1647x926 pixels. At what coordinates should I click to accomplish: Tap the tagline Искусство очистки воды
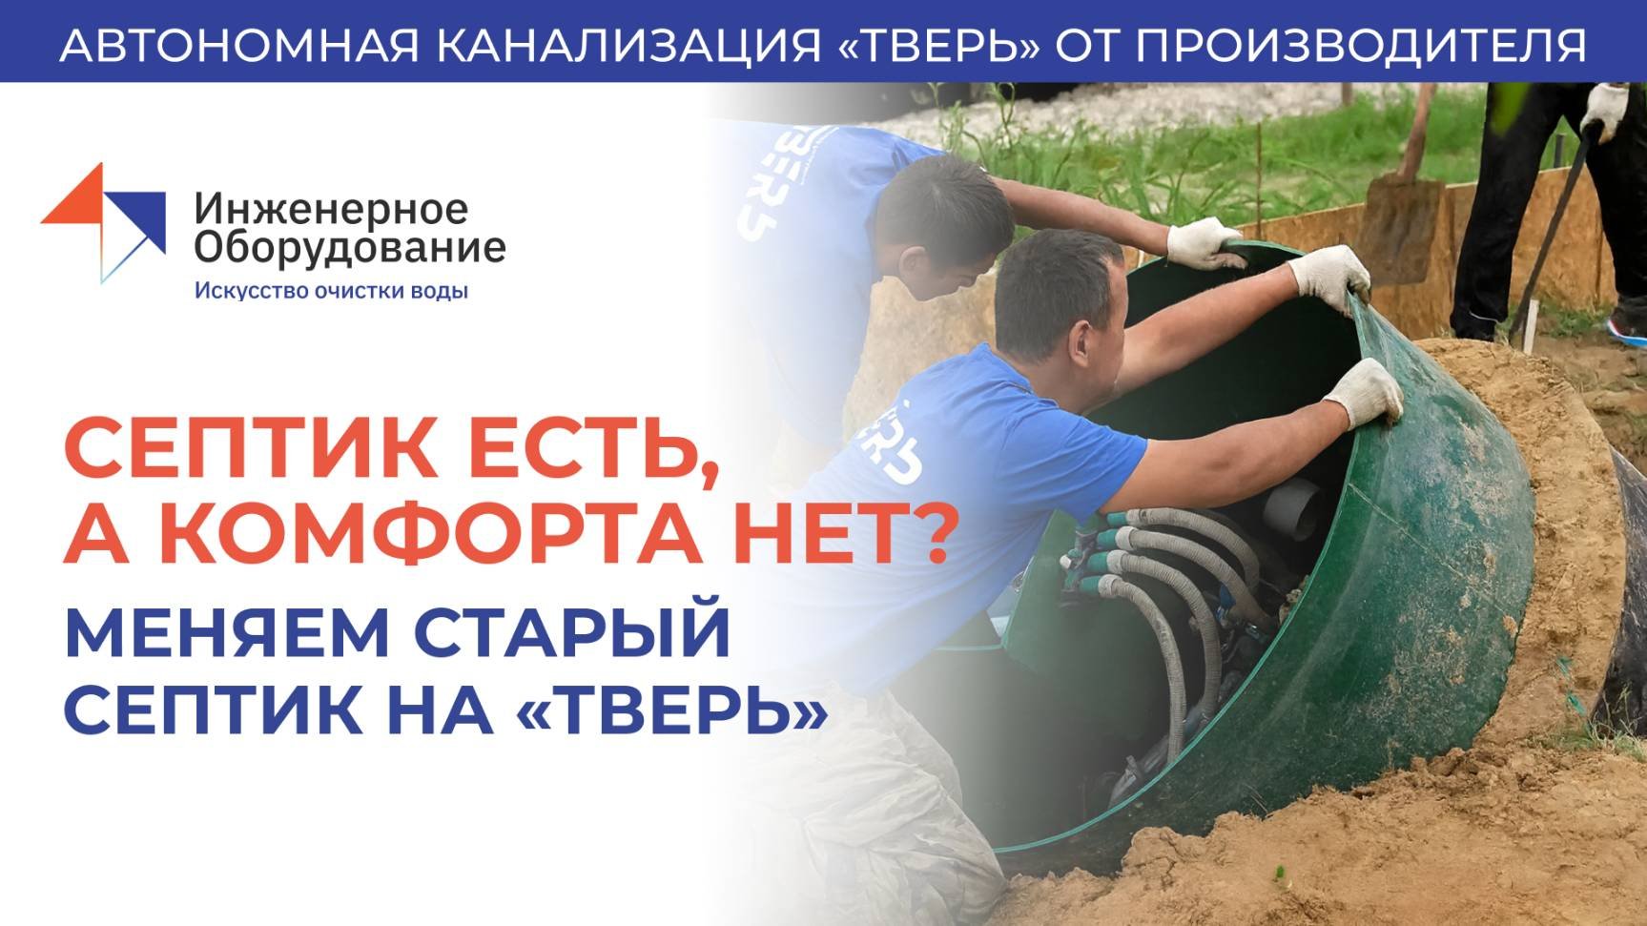point(331,291)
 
